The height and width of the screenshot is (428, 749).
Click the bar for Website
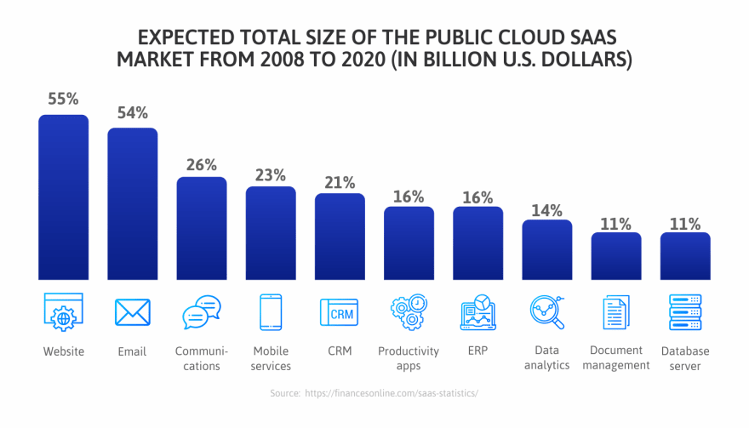tap(64, 197)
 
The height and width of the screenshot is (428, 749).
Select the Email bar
tap(133, 204)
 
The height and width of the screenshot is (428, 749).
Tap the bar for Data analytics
tap(546, 250)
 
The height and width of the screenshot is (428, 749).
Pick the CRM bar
tap(340, 237)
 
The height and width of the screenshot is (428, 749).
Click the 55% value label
tap(63, 99)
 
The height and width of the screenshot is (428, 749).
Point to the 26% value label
tap(202, 164)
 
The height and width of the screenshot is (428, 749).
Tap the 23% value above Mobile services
tap(271, 174)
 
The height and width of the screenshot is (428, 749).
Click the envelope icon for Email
tap(133, 312)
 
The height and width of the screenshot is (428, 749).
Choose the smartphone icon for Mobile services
tap(271, 312)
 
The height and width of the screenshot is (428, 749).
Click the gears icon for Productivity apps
tap(409, 312)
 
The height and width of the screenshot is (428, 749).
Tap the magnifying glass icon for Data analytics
tap(546, 312)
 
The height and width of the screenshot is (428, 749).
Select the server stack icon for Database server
tap(684, 312)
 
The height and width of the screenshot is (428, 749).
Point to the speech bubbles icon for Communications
tap(202, 312)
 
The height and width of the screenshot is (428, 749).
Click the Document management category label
tap(615, 358)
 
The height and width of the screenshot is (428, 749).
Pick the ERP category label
tap(477, 351)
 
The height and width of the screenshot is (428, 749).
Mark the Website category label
tap(64, 351)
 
